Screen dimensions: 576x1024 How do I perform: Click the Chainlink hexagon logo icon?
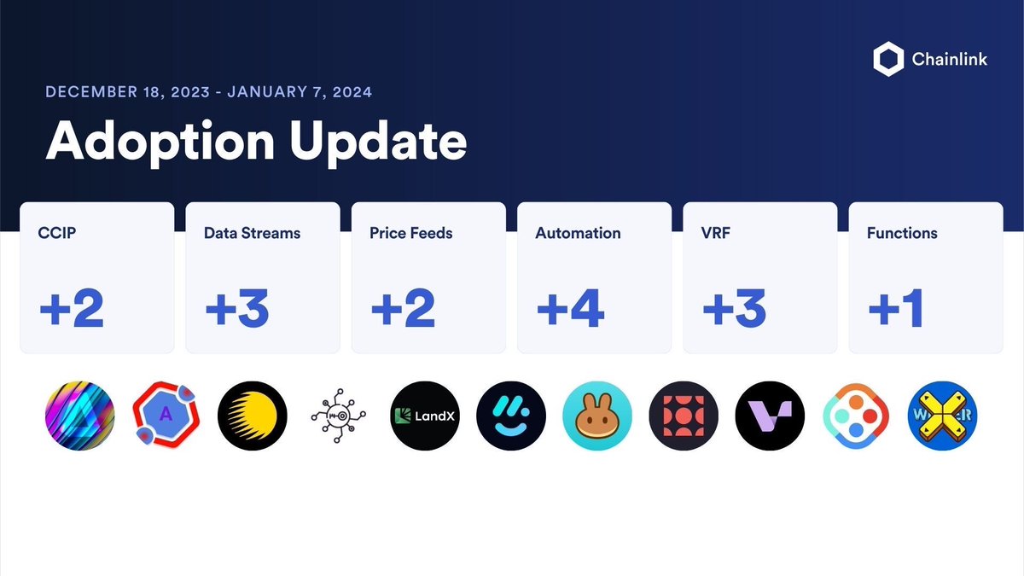[x=888, y=61]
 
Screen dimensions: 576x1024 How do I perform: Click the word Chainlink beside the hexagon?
[x=950, y=61]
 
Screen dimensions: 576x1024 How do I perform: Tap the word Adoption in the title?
[x=157, y=141]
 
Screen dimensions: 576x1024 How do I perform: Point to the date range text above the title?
[x=208, y=91]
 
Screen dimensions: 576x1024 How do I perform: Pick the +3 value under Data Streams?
[x=237, y=308]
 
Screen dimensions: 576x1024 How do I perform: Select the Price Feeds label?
[x=410, y=233]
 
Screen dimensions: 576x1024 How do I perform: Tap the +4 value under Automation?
[x=570, y=308]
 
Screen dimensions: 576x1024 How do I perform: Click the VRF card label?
[x=714, y=233]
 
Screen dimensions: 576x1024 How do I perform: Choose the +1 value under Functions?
[x=895, y=308]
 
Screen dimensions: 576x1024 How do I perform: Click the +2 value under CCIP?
[x=72, y=308]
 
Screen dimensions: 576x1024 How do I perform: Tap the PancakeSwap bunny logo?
[x=597, y=416]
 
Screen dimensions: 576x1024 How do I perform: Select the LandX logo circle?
[x=425, y=416]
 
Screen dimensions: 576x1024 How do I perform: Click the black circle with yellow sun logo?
[x=253, y=416]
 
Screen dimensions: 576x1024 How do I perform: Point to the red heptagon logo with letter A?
[x=166, y=416]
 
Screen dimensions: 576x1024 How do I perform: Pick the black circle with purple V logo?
[x=770, y=416]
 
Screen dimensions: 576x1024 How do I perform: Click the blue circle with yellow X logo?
[x=942, y=416]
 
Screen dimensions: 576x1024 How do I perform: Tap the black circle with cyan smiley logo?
[x=511, y=416]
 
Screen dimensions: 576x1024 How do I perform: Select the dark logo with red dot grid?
[x=684, y=416]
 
